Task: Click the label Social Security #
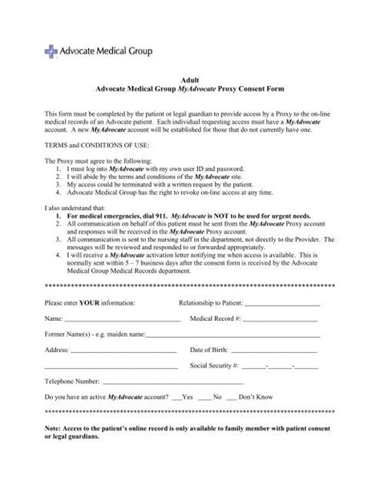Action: coord(214,389)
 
